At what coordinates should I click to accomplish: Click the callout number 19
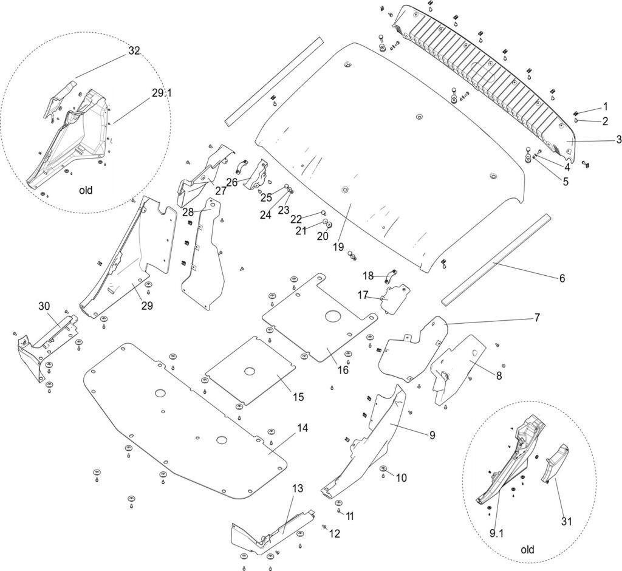(338, 247)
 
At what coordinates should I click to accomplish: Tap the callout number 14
(302, 428)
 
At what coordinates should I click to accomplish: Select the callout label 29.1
(162, 94)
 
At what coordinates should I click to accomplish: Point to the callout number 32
(134, 51)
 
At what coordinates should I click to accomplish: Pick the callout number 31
(566, 521)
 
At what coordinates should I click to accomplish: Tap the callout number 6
(562, 278)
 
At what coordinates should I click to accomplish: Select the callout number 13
(297, 488)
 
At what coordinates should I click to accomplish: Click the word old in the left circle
(86, 190)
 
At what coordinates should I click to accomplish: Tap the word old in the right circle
(527, 550)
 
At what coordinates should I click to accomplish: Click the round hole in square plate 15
(249, 371)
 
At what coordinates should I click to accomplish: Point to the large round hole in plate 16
(332, 316)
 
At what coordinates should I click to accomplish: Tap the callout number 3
(618, 140)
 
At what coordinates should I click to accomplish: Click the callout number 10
(401, 477)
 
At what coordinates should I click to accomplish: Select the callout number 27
(220, 190)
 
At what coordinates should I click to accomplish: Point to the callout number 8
(499, 375)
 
